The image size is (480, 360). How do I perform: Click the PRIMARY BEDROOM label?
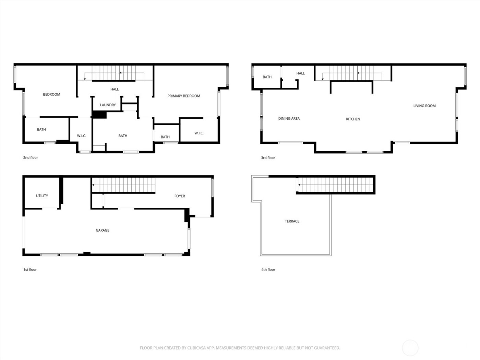point(184,96)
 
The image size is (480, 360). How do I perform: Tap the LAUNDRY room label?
point(108,105)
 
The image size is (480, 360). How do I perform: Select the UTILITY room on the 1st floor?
point(42,196)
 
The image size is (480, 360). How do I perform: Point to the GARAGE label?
point(103,230)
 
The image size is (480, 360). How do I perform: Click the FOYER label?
point(180,196)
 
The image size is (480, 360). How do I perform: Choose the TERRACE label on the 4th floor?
point(292,221)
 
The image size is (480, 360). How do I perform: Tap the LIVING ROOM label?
point(424,106)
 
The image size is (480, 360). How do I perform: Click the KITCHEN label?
point(353,119)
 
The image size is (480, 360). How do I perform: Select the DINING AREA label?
point(289,119)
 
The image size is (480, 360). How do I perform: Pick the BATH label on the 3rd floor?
point(267,77)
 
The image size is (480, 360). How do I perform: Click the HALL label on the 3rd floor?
point(300,73)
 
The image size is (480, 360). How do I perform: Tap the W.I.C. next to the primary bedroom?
point(199,133)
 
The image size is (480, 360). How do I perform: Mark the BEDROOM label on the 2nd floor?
point(51,95)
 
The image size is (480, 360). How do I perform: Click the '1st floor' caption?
point(30,269)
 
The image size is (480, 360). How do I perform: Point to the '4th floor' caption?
point(268,269)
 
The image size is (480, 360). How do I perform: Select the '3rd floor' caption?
point(268,158)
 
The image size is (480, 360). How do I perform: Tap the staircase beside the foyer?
point(123,185)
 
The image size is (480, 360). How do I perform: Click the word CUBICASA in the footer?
point(197,348)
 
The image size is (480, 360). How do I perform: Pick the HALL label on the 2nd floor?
point(115,89)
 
